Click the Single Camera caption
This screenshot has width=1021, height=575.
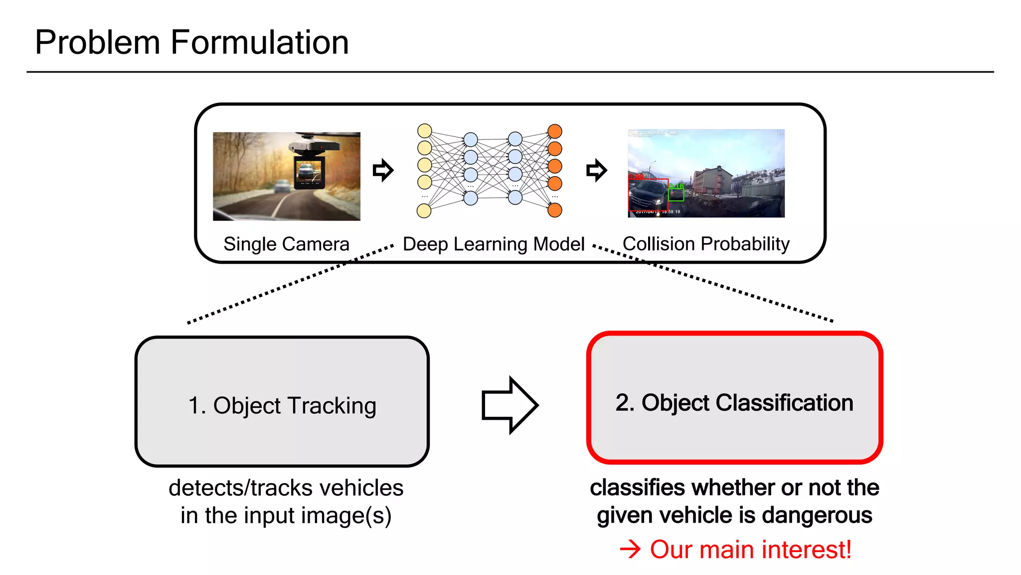[x=286, y=244]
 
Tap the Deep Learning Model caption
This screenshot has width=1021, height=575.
[x=494, y=244]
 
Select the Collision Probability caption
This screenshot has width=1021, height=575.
[x=706, y=244]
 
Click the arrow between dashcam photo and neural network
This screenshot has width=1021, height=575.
[x=383, y=171]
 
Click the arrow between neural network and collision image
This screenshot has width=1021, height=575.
[x=596, y=171]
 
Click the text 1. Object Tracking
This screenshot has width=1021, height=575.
[x=282, y=405]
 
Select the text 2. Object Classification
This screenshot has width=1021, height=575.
[x=734, y=402]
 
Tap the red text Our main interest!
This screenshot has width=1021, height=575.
[x=750, y=550]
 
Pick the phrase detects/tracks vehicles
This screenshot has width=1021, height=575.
[x=286, y=488]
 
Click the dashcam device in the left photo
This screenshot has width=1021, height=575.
[x=310, y=165]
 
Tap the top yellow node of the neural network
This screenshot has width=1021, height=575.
[x=424, y=131]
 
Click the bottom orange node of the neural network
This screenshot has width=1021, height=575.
[x=555, y=210]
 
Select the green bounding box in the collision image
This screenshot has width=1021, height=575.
[x=676, y=193]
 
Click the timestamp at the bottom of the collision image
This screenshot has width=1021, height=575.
[x=658, y=212]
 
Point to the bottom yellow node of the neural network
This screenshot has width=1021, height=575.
[x=424, y=211]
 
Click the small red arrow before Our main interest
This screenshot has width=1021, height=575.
[x=630, y=550]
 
